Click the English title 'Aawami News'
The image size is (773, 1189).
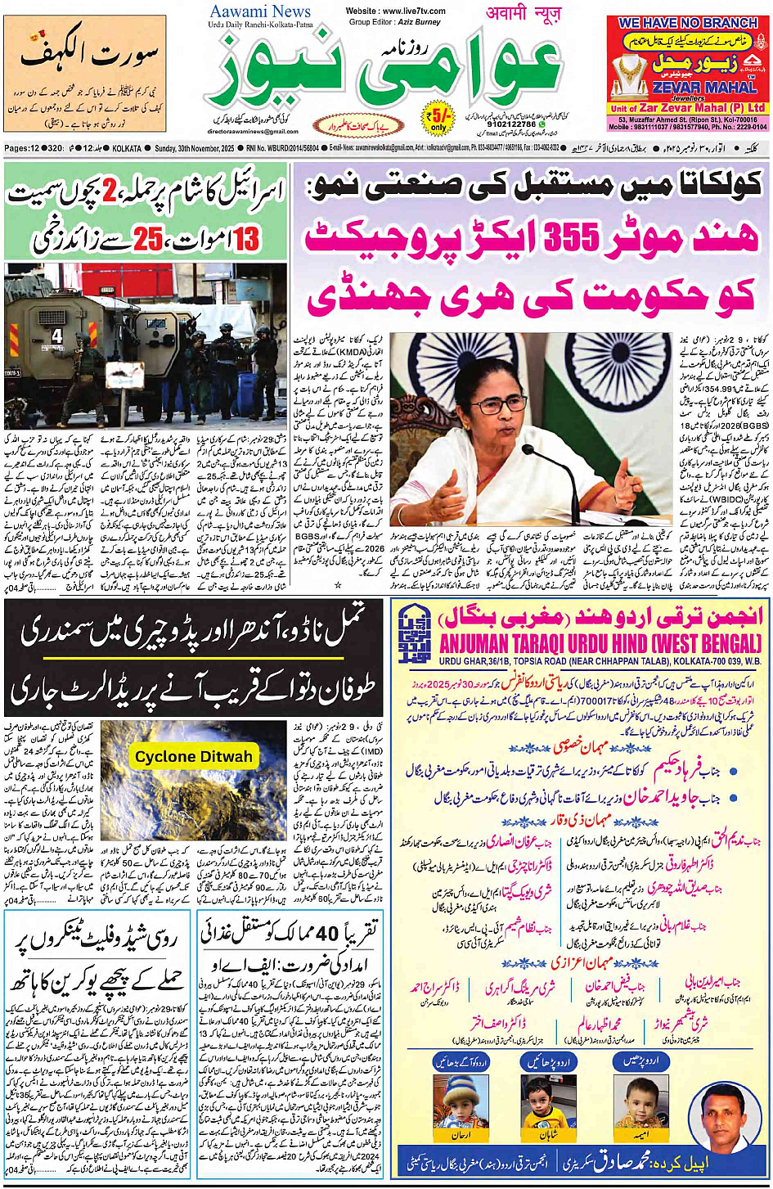tap(259, 11)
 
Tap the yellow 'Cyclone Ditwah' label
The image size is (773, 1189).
tap(193, 757)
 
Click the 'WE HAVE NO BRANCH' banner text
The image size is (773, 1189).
tap(688, 23)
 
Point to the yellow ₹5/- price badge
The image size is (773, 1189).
tap(438, 118)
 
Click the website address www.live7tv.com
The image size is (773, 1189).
tap(396, 11)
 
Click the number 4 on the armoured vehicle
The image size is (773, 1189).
tap(56, 336)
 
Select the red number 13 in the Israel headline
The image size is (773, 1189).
tap(246, 240)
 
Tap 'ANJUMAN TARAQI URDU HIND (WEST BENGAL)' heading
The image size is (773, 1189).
tap(600, 643)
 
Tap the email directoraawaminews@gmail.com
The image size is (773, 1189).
tap(253, 131)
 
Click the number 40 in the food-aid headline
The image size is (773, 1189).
tap(327, 933)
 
